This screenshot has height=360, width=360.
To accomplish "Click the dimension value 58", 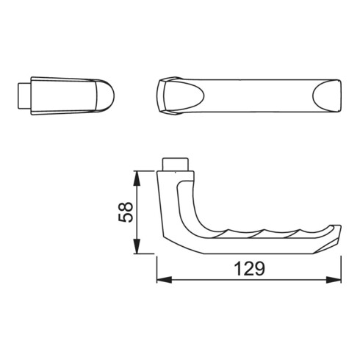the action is click(x=126, y=212).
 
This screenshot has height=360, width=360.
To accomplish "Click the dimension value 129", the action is click(x=250, y=268).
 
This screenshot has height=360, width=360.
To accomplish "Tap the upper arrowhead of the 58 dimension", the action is click(x=137, y=179).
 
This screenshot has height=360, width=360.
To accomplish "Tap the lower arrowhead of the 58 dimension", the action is click(x=137, y=246).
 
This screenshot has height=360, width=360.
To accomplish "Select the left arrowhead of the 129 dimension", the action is click(x=164, y=280).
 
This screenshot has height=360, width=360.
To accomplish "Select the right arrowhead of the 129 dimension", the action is click(x=334, y=280).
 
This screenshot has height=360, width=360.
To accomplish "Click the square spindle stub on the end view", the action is click(x=24, y=96).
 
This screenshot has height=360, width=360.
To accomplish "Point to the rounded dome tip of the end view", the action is click(x=105, y=96).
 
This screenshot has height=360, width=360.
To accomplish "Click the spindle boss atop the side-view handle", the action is click(x=176, y=165).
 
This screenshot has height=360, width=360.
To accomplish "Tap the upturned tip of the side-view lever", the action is click(x=335, y=231).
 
